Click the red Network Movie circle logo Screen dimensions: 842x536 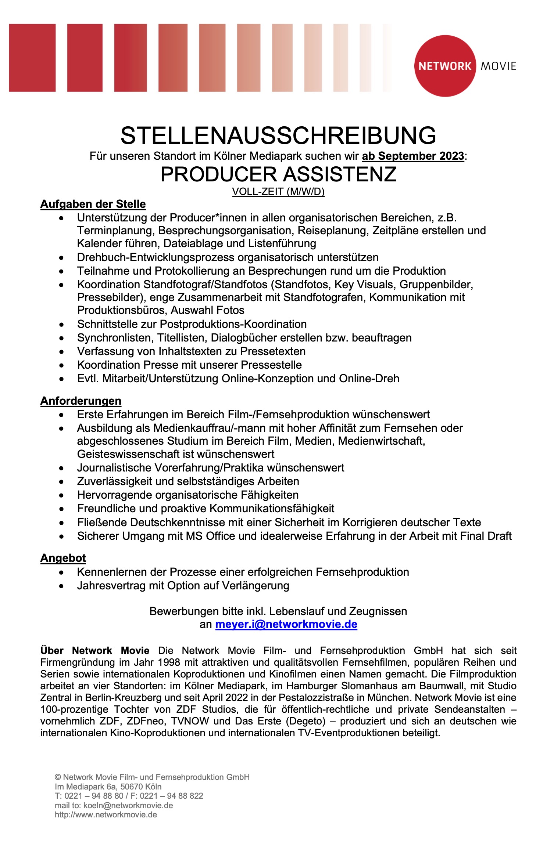[445, 66]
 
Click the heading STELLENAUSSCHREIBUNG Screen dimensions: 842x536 [278, 135]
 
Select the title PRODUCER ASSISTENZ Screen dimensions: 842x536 [278, 174]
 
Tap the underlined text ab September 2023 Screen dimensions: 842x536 [413, 156]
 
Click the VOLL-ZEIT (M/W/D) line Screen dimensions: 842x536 [278, 192]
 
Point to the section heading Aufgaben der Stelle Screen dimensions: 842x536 [93, 204]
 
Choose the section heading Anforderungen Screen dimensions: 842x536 [81, 401]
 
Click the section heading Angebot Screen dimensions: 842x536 [63, 558]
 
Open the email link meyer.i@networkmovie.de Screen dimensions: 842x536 [286, 624]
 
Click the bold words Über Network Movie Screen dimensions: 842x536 [95, 651]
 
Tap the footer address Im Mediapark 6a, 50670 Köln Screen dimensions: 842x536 [108, 787]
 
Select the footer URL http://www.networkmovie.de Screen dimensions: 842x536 [106, 814]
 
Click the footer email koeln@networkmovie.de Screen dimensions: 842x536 [128, 805]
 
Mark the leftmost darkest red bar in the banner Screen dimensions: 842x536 [32, 58]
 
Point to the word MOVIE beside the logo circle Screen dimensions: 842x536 [499, 66]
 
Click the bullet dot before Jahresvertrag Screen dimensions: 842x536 [61, 586]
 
